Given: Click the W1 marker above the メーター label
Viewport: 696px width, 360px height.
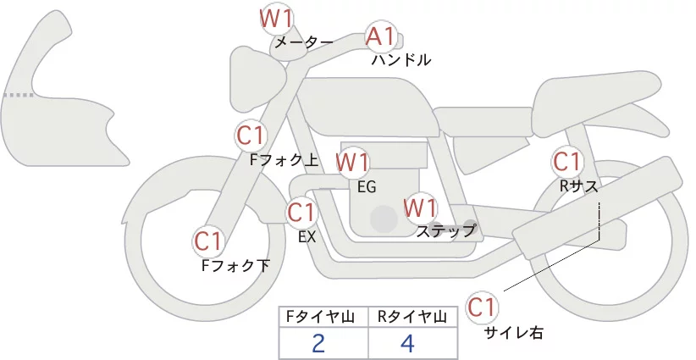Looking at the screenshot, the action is pyautogui.click(x=276, y=18).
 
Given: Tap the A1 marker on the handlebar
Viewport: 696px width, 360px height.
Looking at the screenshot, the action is pyautogui.click(x=380, y=36).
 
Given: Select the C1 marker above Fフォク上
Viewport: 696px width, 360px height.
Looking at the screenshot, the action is pyautogui.click(x=251, y=136).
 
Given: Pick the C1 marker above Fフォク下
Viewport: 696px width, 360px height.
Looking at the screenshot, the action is pyautogui.click(x=207, y=242).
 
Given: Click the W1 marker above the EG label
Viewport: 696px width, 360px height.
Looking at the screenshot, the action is pyautogui.click(x=352, y=162).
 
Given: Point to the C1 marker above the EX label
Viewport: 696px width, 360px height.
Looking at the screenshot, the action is pyautogui.click(x=301, y=213).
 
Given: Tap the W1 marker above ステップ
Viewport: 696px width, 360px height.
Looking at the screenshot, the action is pyautogui.click(x=420, y=208).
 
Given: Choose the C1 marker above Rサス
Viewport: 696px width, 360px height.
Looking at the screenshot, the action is pyautogui.click(x=566, y=161).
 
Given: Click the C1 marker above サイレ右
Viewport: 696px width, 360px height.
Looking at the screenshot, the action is pyautogui.click(x=482, y=307).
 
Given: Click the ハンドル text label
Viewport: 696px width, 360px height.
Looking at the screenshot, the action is pyautogui.click(x=401, y=60).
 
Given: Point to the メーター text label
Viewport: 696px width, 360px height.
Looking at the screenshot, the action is pyautogui.click(x=304, y=42).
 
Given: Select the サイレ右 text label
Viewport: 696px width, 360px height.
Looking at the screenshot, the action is pyautogui.click(x=513, y=333).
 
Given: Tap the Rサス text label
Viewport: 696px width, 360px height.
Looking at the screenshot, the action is pyautogui.click(x=579, y=186).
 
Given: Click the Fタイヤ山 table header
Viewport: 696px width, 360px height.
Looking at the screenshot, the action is pyautogui.click(x=323, y=317).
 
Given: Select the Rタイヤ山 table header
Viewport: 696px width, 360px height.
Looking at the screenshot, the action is pyautogui.click(x=413, y=317).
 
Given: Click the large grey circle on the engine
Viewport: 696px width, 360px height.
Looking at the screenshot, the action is pyautogui.click(x=384, y=219).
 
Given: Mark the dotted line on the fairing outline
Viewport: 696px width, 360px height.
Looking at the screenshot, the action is pyautogui.click(x=18, y=95).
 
